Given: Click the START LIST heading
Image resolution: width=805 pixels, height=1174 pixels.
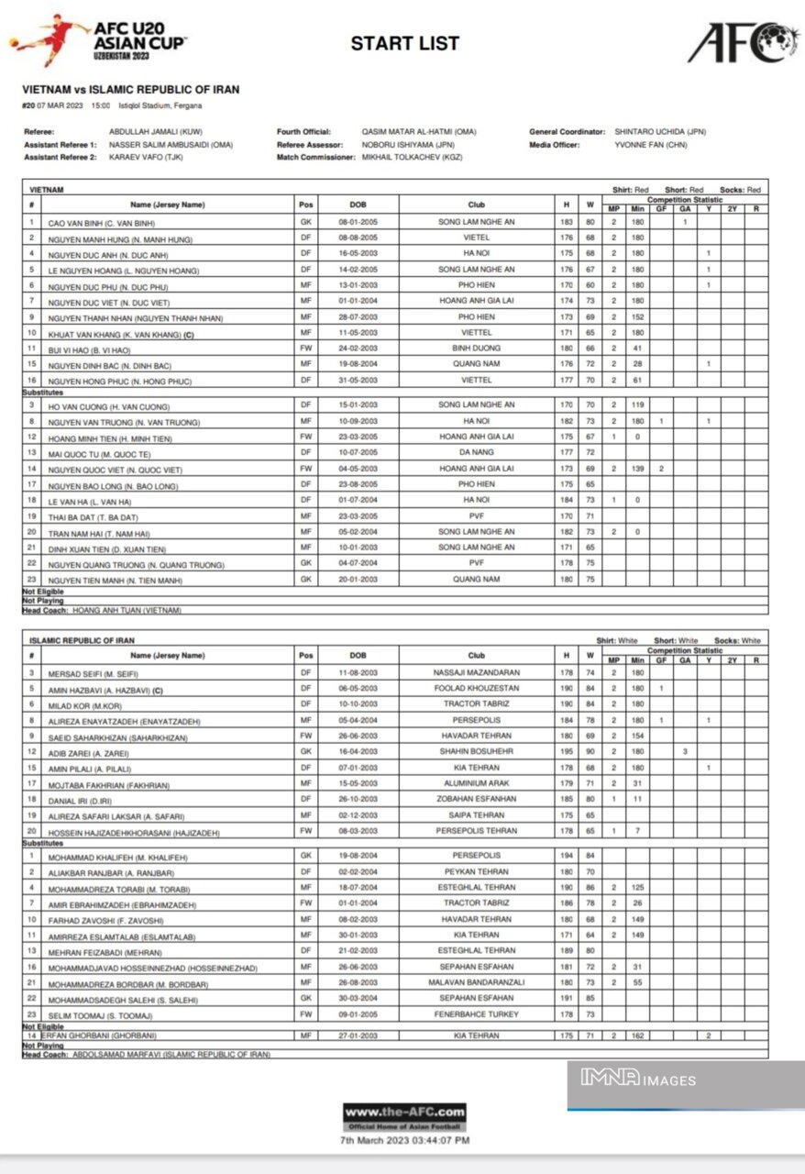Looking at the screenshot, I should pos(404,43).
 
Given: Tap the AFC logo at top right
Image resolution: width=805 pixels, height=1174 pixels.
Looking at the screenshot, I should pos(744,42).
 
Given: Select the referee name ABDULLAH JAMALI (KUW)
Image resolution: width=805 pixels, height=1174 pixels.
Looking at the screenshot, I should pos(156,132).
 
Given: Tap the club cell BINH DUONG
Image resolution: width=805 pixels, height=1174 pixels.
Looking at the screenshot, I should pos(476,349).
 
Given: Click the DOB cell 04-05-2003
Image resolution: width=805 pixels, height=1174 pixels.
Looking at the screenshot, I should pos(357,468).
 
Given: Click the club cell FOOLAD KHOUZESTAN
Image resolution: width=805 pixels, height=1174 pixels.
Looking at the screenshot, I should pos(476,688).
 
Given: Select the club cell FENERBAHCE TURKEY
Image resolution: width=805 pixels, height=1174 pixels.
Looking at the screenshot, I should pos(476,1014).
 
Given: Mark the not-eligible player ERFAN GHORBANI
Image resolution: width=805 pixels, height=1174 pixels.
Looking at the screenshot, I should pos(101,1036).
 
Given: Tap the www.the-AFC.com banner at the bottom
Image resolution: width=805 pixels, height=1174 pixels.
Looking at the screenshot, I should pos(404,1116).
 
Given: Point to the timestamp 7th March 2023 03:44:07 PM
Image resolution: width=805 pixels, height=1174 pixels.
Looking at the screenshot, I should pos(404,1140).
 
